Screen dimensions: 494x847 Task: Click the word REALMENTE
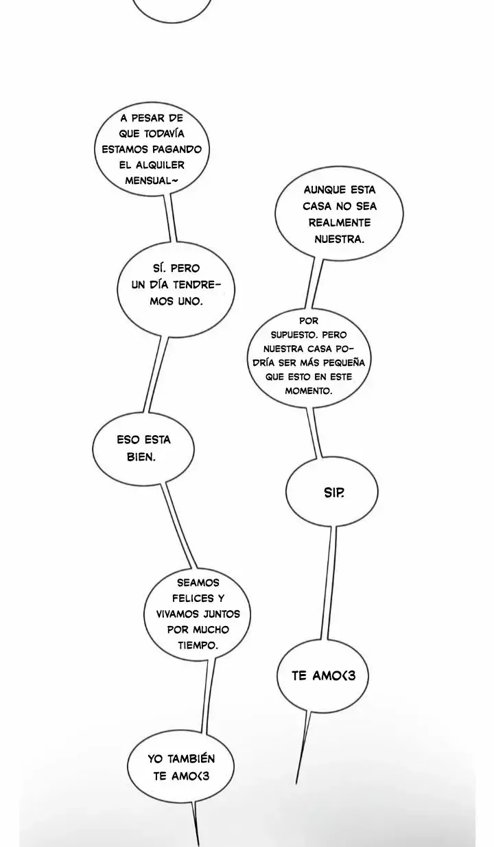(340, 222)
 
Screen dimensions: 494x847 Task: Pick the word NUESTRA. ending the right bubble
(339, 239)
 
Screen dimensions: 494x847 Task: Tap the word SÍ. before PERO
(159, 268)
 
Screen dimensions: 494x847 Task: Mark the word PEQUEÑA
(346, 362)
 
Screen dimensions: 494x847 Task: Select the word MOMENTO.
(309, 391)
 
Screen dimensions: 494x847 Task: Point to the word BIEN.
(141, 457)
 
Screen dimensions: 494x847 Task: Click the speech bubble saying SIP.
(331, 491)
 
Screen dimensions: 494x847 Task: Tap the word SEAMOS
(198, 583)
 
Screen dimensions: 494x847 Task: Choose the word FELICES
(188, 599)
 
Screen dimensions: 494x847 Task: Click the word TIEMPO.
(198, 645)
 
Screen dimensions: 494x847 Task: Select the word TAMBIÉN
(191, 758)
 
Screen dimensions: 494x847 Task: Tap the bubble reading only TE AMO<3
(322, 676)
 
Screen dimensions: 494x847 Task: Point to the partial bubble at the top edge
(172, 22)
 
